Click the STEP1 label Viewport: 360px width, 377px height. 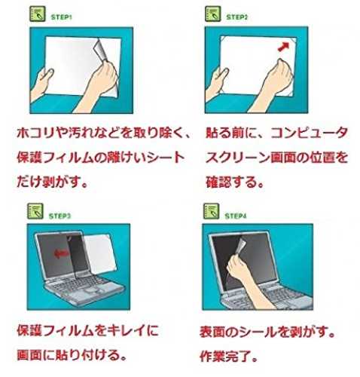pyautogui.click(x=61, y=17)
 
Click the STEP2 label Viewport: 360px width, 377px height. pyautogui.click(x=236, y=17)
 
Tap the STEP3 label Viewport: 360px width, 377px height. pyautogui.click(x=59, y=216)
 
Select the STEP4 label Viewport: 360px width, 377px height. pyautogui.click(x=236, y=216)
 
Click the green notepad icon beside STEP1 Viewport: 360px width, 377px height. pyautogui.click(x=38, y=14)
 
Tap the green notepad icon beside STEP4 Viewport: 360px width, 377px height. pyautogui.click(x=211, y=211)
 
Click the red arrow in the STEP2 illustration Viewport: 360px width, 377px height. pyautogui.click(x=283, y=47)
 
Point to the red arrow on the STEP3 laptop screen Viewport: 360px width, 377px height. pyautogui.click(x=61, y=254)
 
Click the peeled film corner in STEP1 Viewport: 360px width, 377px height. pyautogui.click(x=102, y=50)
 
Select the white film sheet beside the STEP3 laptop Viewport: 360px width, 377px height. pyautogui.click(x=100, y=253)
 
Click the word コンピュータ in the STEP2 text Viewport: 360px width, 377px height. pyautogui.click(x=309, y=133)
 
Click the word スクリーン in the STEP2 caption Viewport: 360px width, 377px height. pyautogui.click(x=237, y=158)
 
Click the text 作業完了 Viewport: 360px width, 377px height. pyautogui.click(x=225, y=356)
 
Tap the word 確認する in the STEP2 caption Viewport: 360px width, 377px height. pyautogui.click(x=231, y=182)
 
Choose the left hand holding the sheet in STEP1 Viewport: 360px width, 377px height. pyautogui.click(x=41, y=83)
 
